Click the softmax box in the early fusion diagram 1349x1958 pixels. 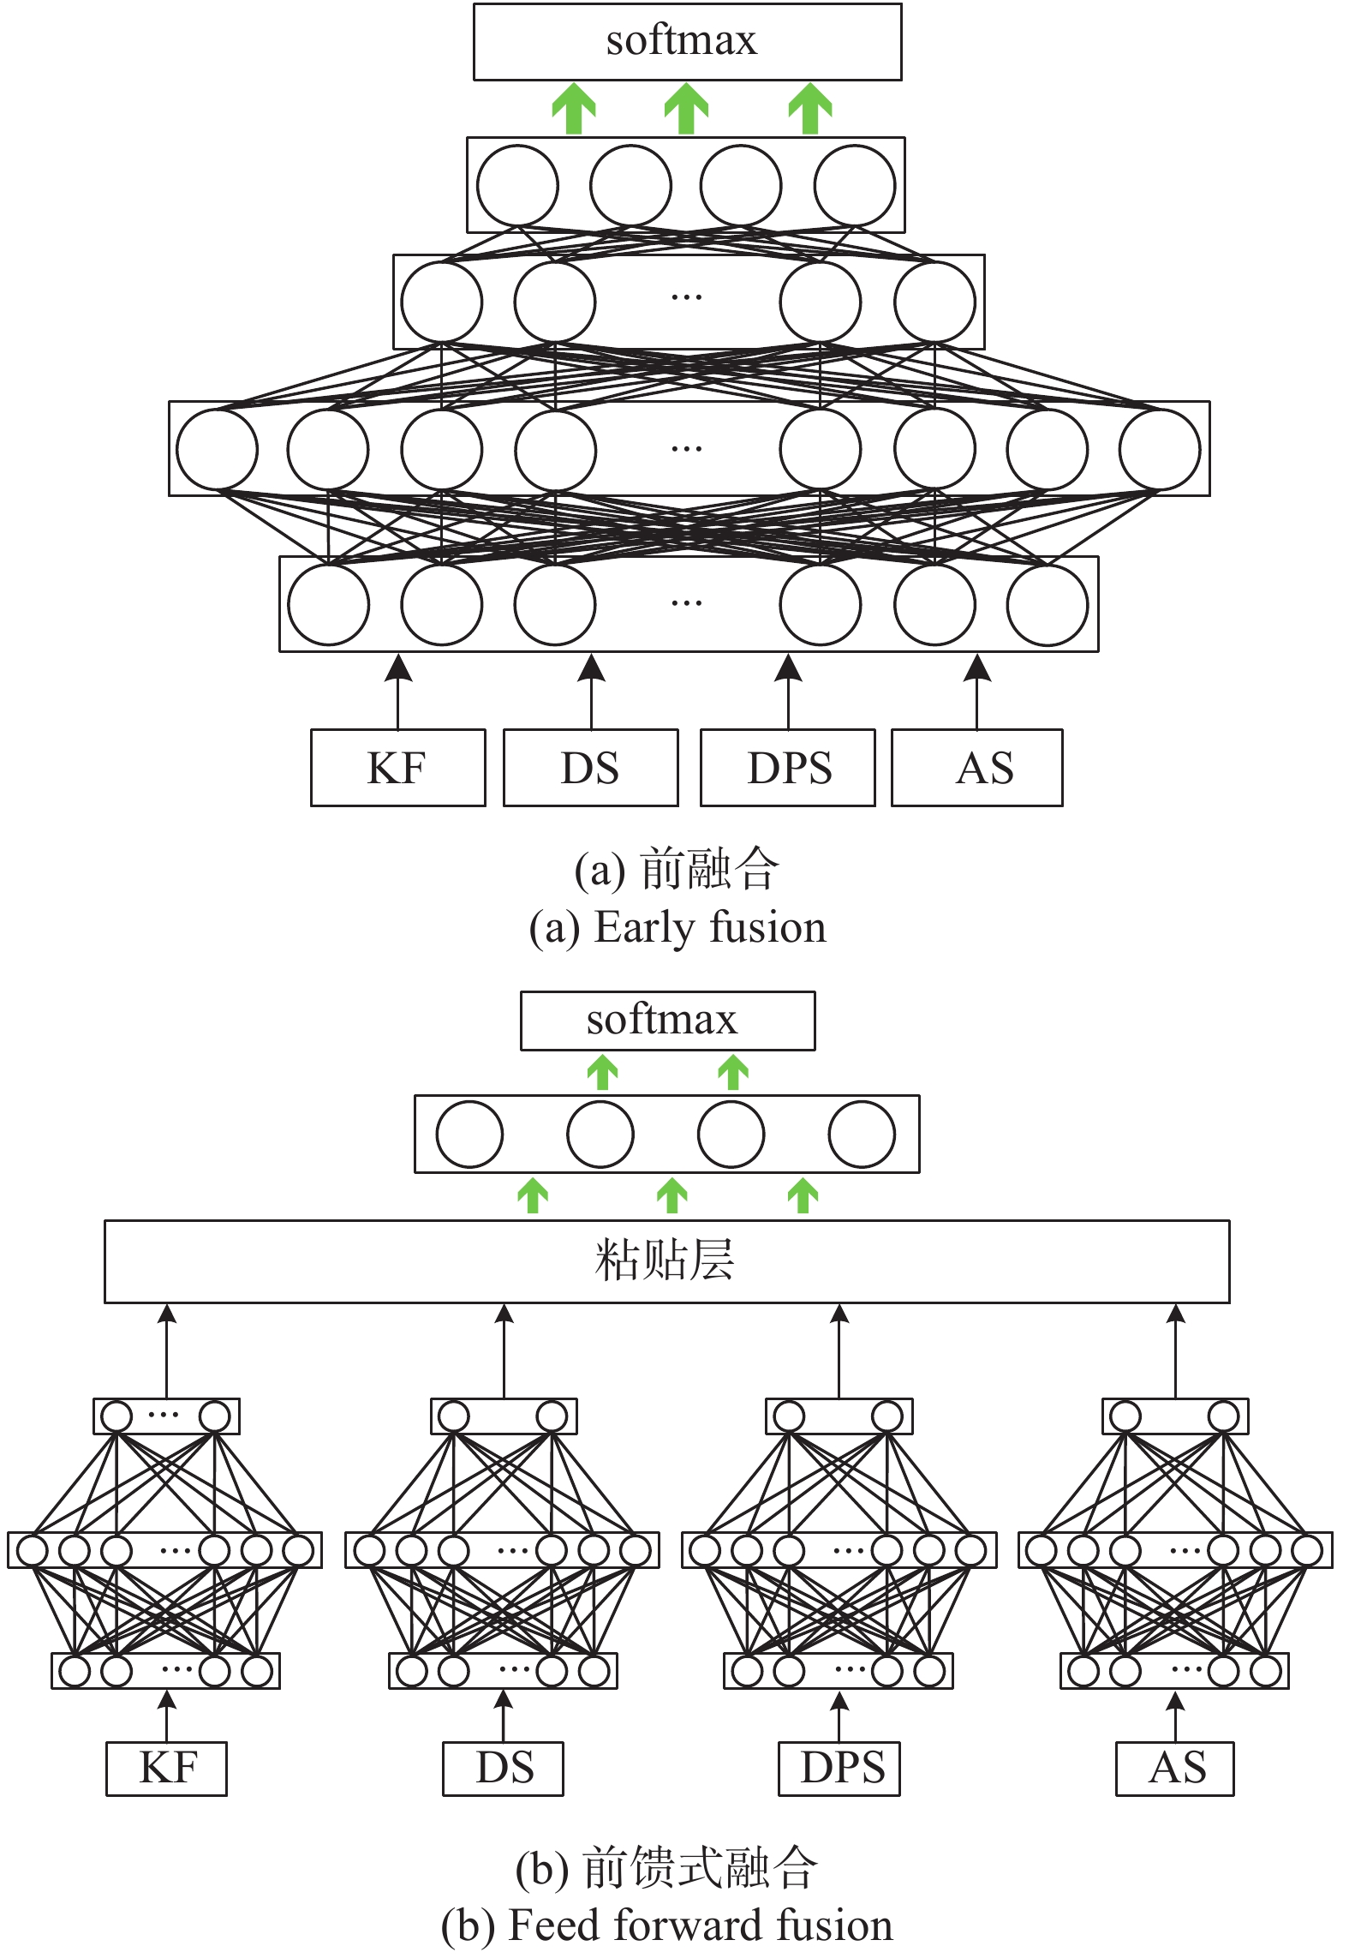pyautogui.click(x=687, y=42)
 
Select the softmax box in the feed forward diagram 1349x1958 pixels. pyautogui.click(x=667, y=1021)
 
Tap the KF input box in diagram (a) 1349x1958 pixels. pyautogui.click(x=397, y=768)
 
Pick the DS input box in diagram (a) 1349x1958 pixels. pyautogui.click(x=590, y=768)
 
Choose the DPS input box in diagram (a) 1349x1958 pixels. pyautogui.click(x=788, y=768)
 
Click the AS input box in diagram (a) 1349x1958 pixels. pyautogui.click(x=976, y=768)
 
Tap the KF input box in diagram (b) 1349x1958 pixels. pyautogui.click(x=166, y=1769)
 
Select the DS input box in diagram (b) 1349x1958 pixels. pyautogui.click(x=503, y=1769)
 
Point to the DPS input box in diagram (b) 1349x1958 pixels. pyautogui.click(x=839, y=1769)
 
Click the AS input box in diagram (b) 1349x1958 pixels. pyautogui.click(x=1175, y=1769)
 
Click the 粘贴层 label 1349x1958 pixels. pyautogui.click(x=666, y=1260)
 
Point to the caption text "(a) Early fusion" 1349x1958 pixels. pyautogui.click(x=677, y=928)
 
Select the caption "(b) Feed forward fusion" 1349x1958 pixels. pyautogui.click(x=666, y=1925)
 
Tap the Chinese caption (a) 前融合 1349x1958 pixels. pyautogui.click(x=677, y=869)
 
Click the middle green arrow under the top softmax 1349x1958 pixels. pyautogui.click(x=686, y=109)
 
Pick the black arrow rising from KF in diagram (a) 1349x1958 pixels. pyautogui.click(x=397, y=692)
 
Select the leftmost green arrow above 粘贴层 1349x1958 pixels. pyautogui.click(x=533, y=1196)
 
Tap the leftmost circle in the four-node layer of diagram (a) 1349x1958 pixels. pyautogui.click(x=517, y=185)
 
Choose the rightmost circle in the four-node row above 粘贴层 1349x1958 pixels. pyautogui.click(x=862, y=1135)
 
